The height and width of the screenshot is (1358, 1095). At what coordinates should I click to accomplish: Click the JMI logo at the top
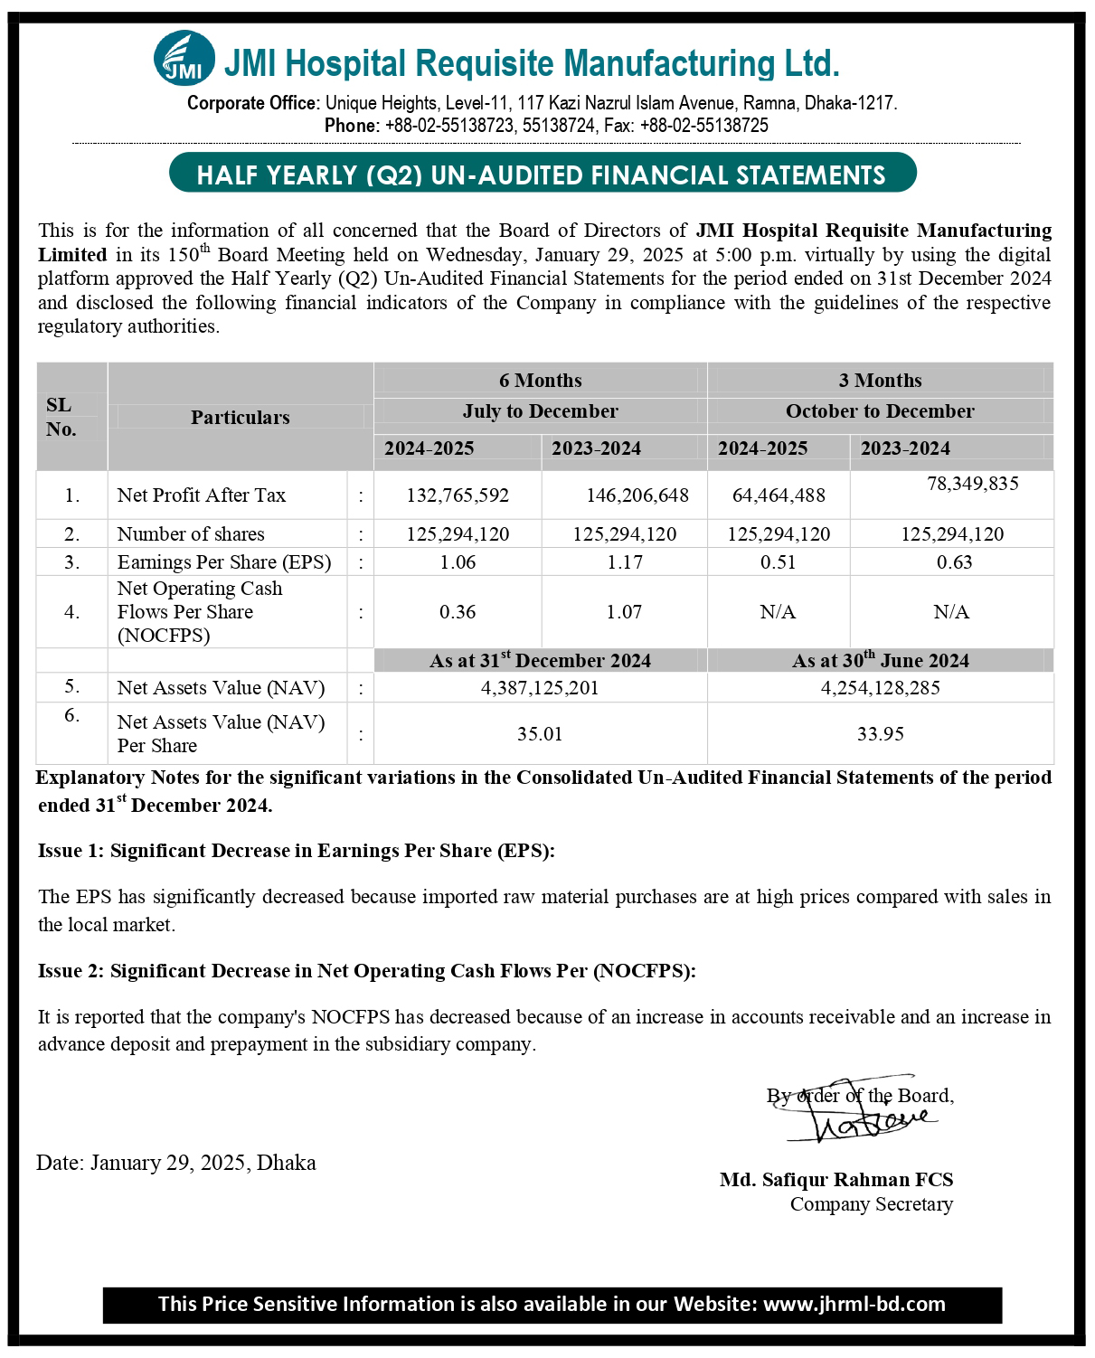[x=184, y=61]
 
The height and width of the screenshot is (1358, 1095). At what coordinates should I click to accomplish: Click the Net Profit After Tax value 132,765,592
[x=458, y=495]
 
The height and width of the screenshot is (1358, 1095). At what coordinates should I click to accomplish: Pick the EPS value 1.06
[x=458, y=562]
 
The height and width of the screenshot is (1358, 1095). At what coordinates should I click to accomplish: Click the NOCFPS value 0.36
[x=458, y=612]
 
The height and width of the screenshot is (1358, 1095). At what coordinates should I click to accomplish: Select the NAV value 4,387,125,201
[x=540, y=688]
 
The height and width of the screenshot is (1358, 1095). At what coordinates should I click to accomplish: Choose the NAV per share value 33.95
[x=880, y=734]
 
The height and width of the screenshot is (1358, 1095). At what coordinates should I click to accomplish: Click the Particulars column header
[x=241, y=418]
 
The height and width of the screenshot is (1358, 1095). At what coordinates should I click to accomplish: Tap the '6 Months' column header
[x=541, y=381]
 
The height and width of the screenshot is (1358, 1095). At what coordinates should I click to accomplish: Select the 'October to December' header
[x=880, y=411]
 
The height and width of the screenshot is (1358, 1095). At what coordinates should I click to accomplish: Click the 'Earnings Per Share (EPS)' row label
[x=224, y=562]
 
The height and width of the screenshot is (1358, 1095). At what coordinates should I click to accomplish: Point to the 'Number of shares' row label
[x=191, y=534]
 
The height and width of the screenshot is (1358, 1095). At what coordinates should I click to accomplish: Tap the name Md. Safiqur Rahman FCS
[x=836, y=1180]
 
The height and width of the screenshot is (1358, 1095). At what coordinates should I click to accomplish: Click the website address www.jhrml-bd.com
[x=854, y=1304]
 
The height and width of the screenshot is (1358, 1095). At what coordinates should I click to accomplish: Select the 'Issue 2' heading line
[x=367, y=971]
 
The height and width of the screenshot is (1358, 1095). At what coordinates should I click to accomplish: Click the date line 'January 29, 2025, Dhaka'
[x=176, y=1163]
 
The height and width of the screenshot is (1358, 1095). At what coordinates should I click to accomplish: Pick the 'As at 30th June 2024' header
[x=880, y=661]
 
